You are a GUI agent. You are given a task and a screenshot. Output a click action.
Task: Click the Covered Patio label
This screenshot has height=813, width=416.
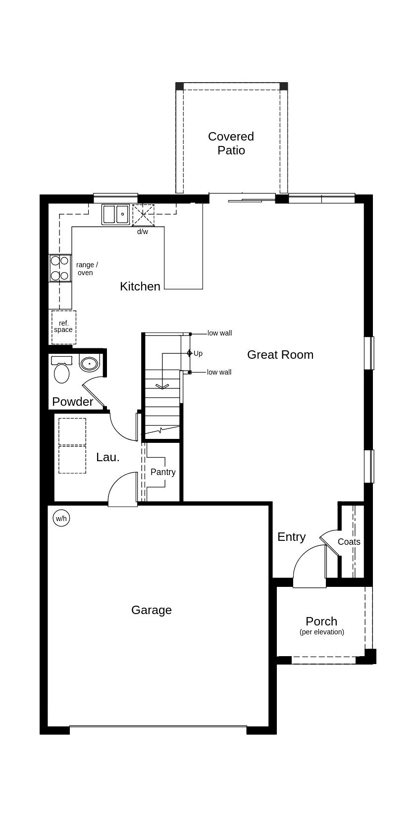click(x=231, y=143)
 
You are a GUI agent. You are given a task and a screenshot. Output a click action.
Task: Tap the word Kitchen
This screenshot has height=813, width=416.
click(x=140, y=287)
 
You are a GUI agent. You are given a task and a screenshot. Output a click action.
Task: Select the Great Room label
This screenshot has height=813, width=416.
click(x=280, y=355)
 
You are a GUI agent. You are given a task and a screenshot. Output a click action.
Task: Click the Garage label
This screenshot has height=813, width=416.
click(x=152, y=610)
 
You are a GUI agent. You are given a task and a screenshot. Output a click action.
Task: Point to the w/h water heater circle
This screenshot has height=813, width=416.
click(x=61, y=519)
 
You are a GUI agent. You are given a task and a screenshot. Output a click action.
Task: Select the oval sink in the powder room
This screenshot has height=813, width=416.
click(x=89, y=364)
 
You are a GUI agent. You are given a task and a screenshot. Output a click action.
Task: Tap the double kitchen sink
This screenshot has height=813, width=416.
click(x=116, y=215)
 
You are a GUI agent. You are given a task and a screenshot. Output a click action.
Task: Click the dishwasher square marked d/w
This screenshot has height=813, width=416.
click(x=143, y=215)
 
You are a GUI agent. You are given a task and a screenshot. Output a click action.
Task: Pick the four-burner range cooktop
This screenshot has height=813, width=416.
click(x=59, y=268)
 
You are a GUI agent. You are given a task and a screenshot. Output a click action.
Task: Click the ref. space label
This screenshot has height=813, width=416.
click(x=63, y=327)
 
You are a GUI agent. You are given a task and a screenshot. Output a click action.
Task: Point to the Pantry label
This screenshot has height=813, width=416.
click(x=163, y=472)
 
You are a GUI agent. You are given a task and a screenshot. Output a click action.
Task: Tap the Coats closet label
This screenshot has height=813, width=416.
click(x=349, y=542)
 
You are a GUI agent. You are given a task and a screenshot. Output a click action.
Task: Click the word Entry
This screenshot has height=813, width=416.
click(x=291, y=537)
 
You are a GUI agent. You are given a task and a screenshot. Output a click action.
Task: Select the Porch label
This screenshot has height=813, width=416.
click(x=321, y=622)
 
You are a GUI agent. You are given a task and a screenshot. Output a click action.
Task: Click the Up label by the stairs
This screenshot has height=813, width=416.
click(x=198, y=353)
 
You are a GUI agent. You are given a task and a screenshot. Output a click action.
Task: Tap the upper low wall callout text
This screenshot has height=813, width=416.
click(x=219, y=334)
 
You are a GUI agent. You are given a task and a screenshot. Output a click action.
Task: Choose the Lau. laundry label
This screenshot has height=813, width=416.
click(x=108, y=457)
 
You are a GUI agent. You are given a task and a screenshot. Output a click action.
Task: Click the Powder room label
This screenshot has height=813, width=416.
click(x=72, y=402)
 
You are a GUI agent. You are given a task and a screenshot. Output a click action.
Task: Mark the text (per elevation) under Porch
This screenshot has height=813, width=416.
click(x=322, y=632)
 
